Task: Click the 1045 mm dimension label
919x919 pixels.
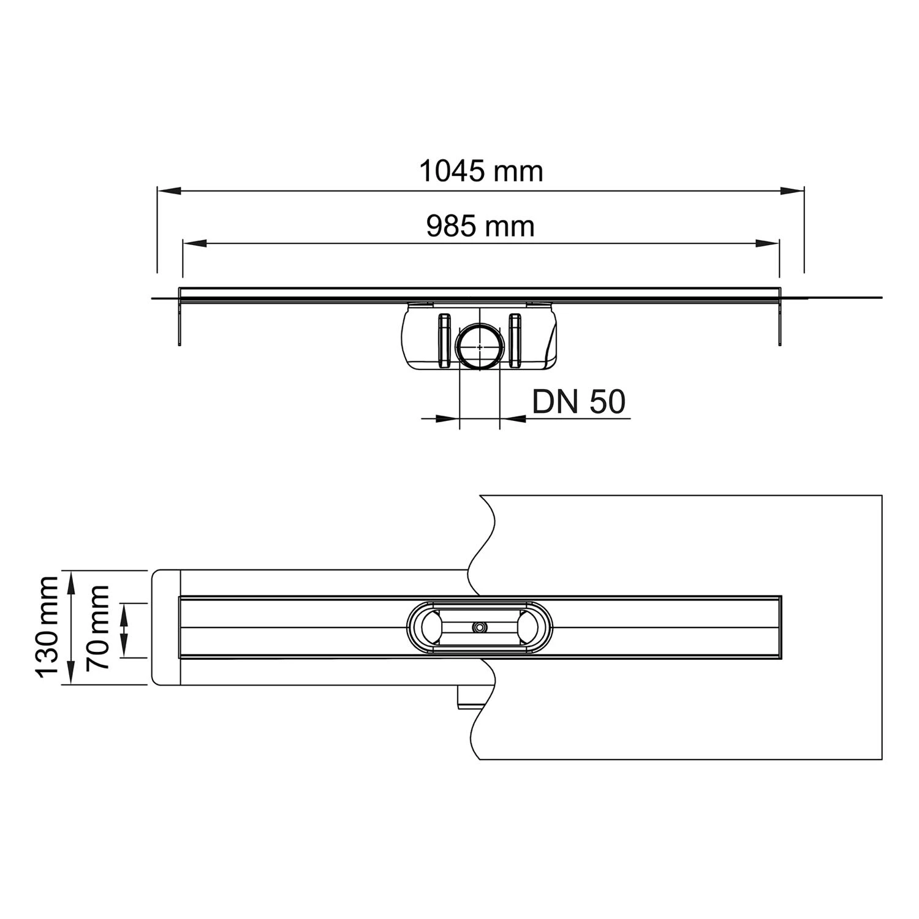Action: pos(481,172)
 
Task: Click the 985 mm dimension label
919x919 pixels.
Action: pos(481,227)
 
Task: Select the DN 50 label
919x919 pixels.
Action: pos(578,403)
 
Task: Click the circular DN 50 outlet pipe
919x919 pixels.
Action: pos(480,347)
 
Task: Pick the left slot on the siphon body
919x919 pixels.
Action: pos(444,341)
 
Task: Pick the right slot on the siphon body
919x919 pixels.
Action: pos(515,341)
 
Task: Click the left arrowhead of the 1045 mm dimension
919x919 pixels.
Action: pos(168,191)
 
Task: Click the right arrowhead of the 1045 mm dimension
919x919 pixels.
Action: pos(793,191)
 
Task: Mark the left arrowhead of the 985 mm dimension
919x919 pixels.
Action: pos(194,244)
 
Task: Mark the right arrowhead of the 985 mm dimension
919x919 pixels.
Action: pos(768,244)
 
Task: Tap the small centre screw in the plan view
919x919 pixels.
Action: pos(478,627)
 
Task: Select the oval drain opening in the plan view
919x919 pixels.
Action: pos(480,627)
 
